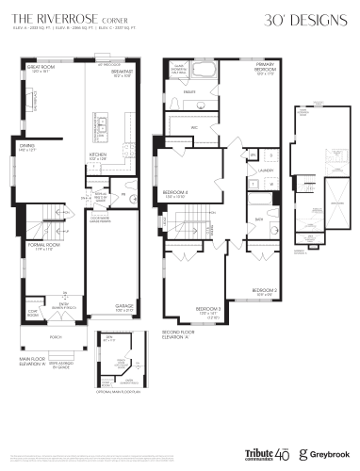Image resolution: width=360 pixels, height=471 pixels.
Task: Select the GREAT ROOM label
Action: click(x=41, y=69)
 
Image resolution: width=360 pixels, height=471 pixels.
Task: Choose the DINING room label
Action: click(x=28, y=146)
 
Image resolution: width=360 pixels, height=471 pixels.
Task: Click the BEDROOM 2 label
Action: click(x=263, y=289)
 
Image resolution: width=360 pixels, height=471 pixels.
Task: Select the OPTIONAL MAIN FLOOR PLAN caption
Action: click(x=118, y=382)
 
